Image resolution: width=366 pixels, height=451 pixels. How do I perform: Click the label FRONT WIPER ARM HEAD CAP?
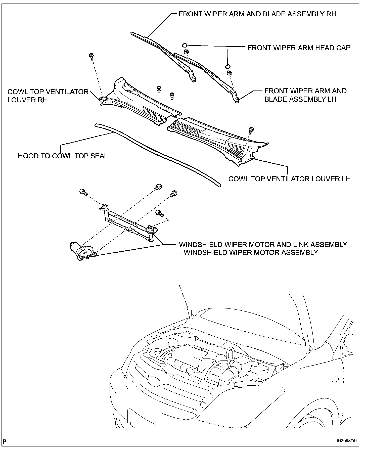click(x=299, y=48)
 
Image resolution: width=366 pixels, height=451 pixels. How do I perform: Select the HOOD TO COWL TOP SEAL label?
click(x=63, y=156)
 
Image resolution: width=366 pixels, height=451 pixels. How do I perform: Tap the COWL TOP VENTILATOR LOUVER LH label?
click(x=289, y=179)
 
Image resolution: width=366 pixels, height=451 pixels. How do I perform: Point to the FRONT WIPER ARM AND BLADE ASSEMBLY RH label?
click(x=257, y=14)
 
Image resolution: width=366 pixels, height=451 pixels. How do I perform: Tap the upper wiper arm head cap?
click(x=185, y=45)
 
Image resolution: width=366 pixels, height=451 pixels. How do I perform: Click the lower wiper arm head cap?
click(x=228, y=66)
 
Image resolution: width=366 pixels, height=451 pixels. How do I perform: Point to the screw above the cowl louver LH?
click(x=251, y=130)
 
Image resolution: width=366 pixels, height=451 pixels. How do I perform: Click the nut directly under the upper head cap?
click(x=186, y=52)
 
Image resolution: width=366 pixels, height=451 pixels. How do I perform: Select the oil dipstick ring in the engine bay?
click(x=230, y=353)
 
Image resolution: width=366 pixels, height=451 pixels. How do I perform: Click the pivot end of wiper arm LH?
click(x=237, y=101)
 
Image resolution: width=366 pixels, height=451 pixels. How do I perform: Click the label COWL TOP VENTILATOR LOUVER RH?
click(x=48, y=96)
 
